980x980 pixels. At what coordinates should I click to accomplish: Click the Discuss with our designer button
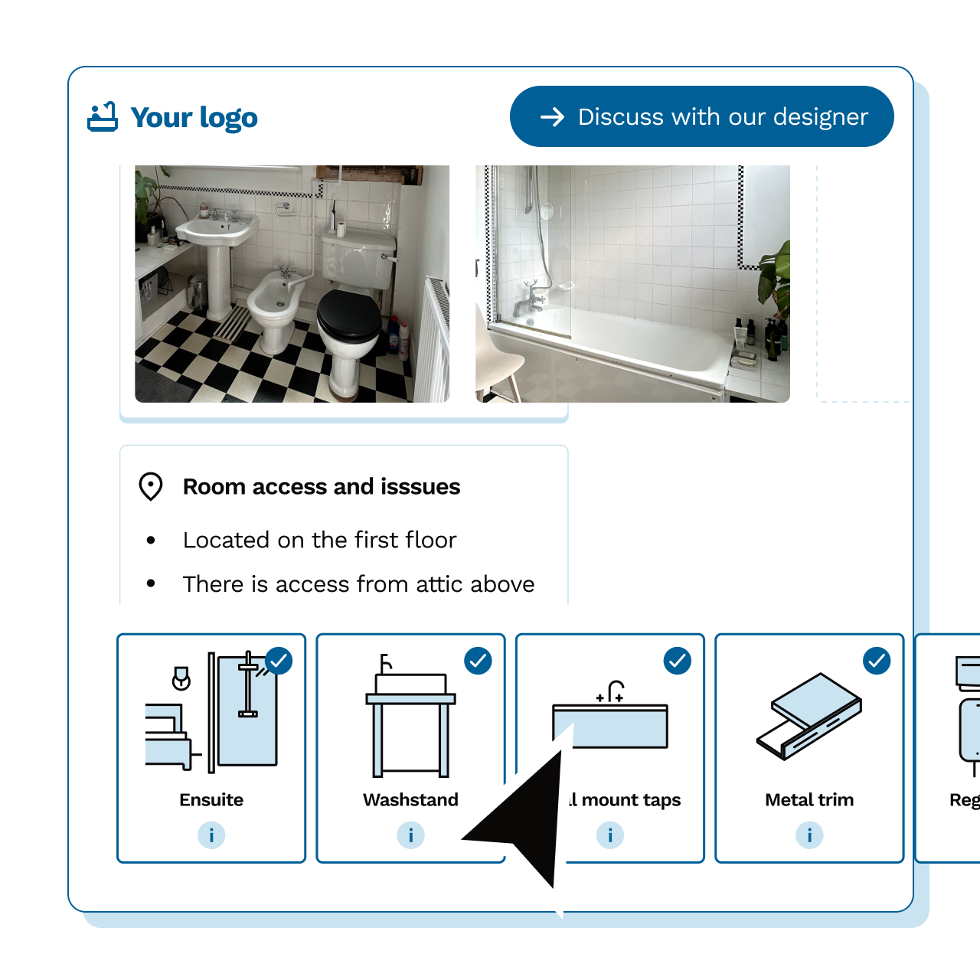(x=701, y=116)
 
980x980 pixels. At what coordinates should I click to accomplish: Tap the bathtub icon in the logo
(x=103, y=117)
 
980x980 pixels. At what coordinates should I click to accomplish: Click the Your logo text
(x=194, y=118)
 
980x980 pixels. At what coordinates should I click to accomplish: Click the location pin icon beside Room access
(x=151, y=487)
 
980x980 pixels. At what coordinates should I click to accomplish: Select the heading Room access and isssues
(x=322, y=487)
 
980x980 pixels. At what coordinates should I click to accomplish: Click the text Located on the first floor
(x=319, y=540)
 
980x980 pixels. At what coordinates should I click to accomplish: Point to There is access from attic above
(x=358, y=584)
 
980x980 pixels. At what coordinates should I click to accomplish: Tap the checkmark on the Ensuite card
(x=279, y=660)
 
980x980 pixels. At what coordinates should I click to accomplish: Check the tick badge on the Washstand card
(x=479, y=660)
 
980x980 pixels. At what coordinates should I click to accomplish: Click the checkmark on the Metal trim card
(x=877, y=660)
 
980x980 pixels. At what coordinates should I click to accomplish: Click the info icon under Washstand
(x=410, y=835)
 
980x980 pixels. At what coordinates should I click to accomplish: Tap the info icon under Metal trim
(x=809, y=835)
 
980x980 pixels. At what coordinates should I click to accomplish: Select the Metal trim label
(x=809, y=800)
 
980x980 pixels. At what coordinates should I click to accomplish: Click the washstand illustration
(x=410, y=720)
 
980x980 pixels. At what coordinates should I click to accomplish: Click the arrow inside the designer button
(x=552, y=116)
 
